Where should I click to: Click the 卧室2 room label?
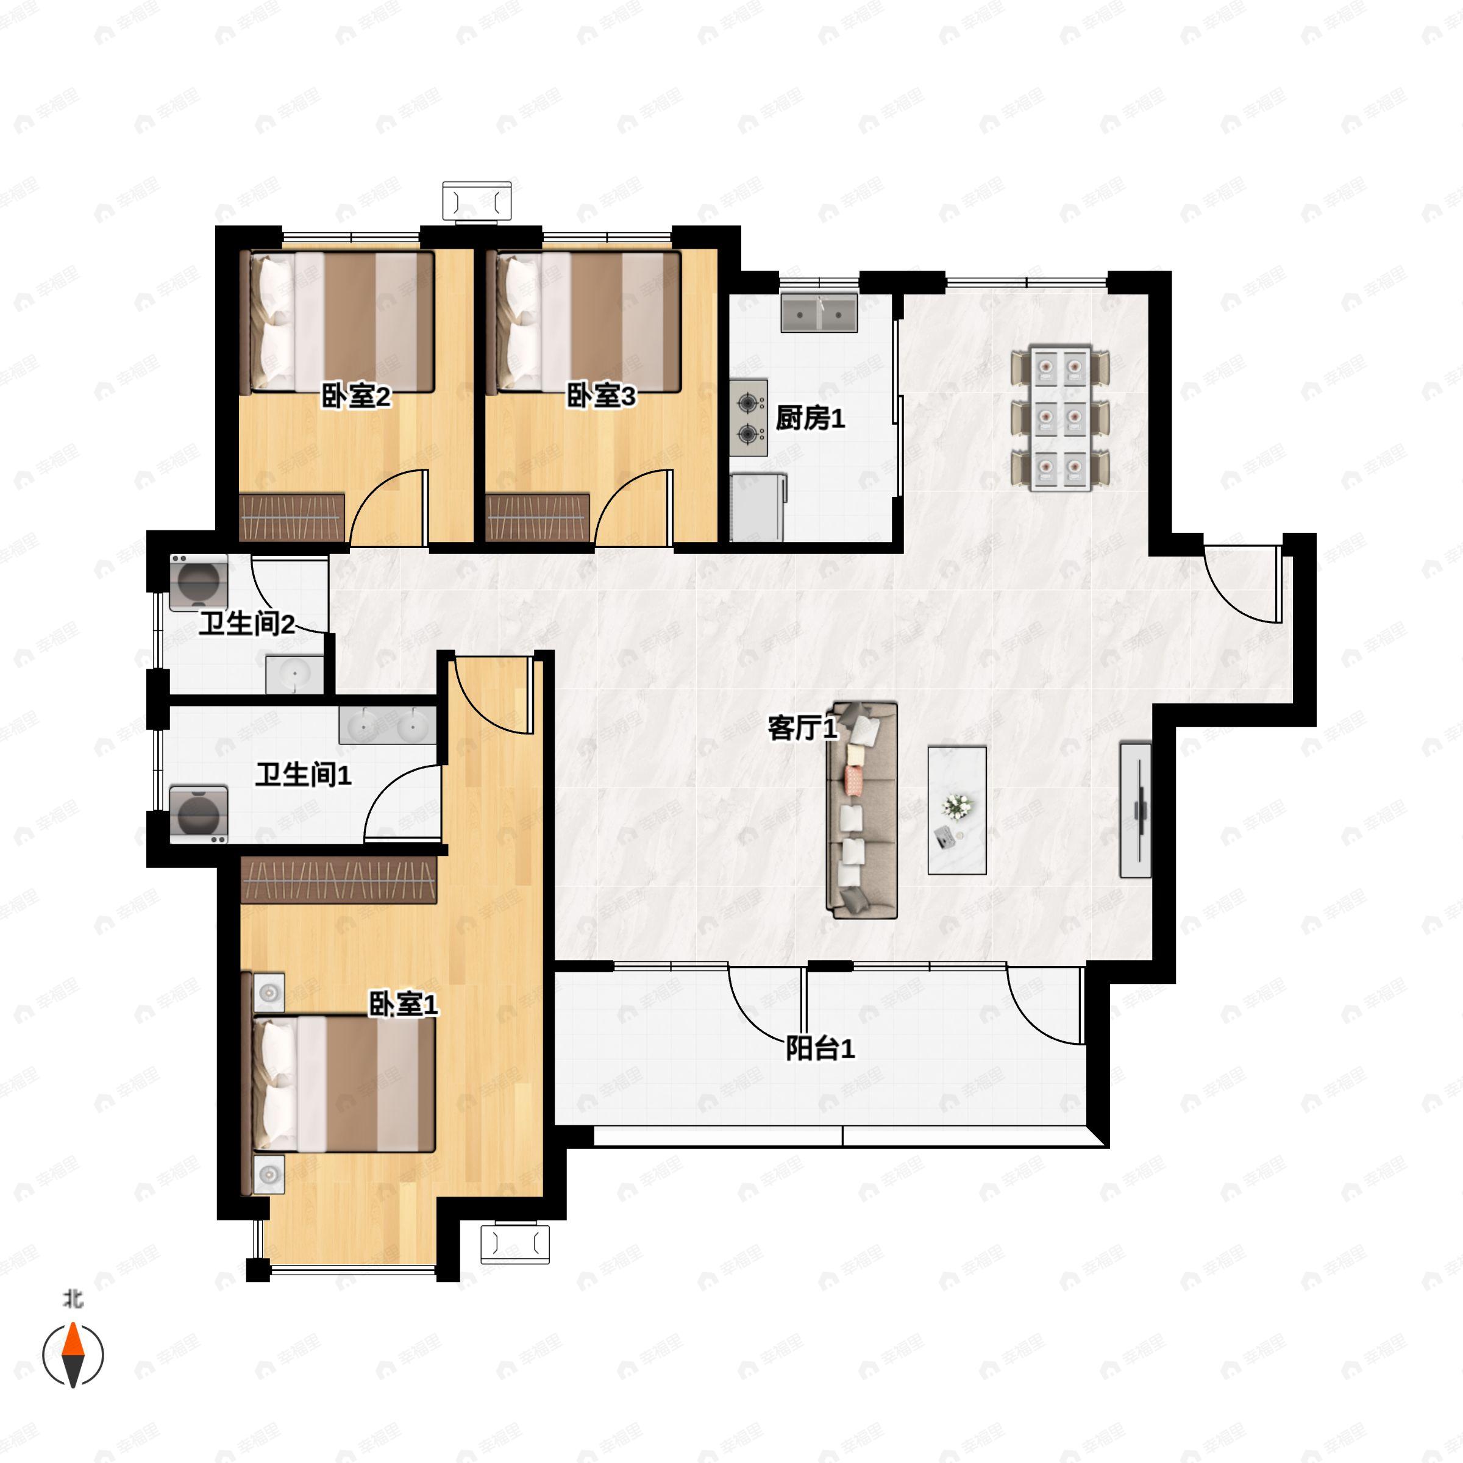tap(355, 396)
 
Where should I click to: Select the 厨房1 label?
tap(810, 418)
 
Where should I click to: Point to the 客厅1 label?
tap(803, 728)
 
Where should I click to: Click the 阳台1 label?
tap(820, 1048)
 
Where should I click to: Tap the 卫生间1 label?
tap(303, 775)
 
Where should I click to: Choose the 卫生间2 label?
tap(247, 624)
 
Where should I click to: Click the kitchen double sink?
tap(819, 313)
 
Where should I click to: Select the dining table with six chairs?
tap(1060, 418)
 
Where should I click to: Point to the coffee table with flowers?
tap(957, 810)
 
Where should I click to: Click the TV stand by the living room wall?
tap(1135, 810)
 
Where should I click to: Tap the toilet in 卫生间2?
tap(198, 582)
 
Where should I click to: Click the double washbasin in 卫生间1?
tap(388, 725)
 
